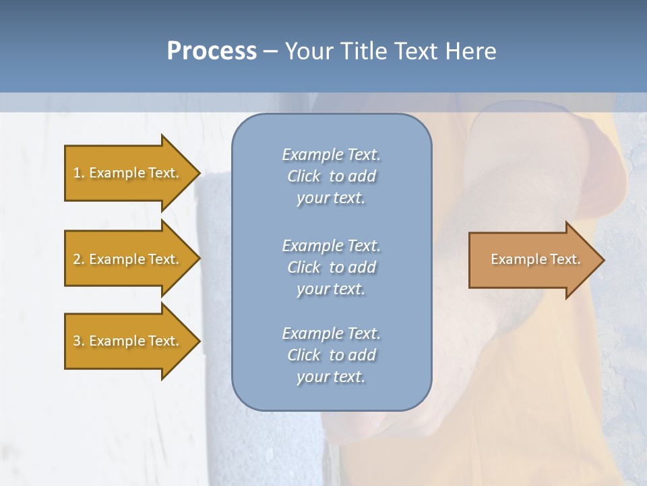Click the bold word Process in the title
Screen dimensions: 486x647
click(x=212, y=51)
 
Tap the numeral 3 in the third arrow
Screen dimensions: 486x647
click(x=77, y=342)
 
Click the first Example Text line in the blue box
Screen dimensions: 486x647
click(x=331, y=155)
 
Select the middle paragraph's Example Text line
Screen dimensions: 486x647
click(x=331, y=246)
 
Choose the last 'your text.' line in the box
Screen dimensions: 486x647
click(x=331, y=377)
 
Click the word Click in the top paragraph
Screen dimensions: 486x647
click(x=303, y=176)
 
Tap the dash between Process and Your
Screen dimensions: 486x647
click(x=270, y=52)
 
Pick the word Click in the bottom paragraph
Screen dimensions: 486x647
click(x=303, y=355)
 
